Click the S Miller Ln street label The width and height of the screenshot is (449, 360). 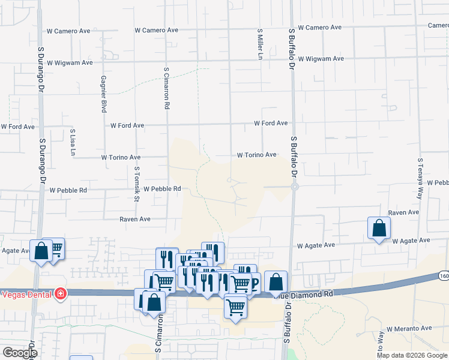pos(260,44)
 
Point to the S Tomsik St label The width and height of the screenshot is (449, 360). pos(137,184)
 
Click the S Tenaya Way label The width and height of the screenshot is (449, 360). pos(421,178)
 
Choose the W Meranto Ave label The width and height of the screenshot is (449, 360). pos(409,329)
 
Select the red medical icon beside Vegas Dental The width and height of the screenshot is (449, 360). pos(61,293)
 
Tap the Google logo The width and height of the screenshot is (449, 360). pos(19,353)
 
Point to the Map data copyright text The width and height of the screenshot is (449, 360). pos(412,355)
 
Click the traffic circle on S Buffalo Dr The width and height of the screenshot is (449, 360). pos(294,187)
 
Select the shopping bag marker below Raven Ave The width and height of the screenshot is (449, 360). pos(379,228)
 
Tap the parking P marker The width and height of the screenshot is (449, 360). pos(253,283)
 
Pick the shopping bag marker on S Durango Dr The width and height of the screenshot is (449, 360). pos(41,251)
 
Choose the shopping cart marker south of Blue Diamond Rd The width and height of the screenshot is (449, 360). pos(235,307)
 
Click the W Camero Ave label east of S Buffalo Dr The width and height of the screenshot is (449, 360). pos(319,28)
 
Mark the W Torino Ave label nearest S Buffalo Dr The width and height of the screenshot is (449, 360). pos(256,155)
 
